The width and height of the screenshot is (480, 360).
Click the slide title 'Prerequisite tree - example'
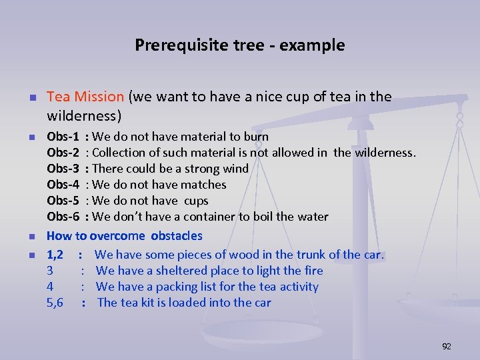click(240, 45)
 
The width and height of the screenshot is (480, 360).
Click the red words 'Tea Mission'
click(85, 97)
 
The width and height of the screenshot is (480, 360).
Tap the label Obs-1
click(63, 137)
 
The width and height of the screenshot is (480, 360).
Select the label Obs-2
click(63, 153)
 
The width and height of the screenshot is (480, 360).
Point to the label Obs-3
click(63, 169)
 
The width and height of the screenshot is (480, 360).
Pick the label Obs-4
click(63, 185)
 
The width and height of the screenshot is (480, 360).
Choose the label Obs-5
click(63, 201)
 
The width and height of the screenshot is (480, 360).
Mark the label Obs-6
click(63, 217)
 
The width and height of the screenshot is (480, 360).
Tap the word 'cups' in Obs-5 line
click(196, 201)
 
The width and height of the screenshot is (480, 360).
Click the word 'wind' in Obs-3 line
click(235, 169)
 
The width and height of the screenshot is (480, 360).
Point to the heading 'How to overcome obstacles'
click(124, 236)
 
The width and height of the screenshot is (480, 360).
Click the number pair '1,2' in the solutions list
click(55, 255)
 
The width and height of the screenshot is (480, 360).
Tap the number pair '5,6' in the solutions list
click(55, 303)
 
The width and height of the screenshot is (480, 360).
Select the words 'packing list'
click(191, 287)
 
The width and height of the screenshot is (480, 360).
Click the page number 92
click(447, 346)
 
